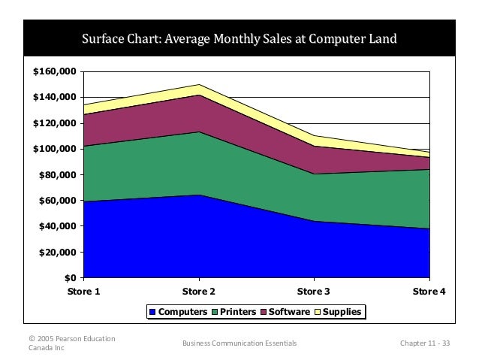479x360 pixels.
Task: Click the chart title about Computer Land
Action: pyautogui.click(x=239, y=39)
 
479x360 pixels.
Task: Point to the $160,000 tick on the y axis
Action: pyautogui.click(x=55, y=71)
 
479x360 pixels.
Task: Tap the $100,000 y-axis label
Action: pyautogui.click(x=55, y=149)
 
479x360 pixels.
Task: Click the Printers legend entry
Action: pyautogui.click(x=233, y=311)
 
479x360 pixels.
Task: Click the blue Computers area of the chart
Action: pyautogui.click(x=225, y=241)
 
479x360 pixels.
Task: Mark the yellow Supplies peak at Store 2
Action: pyautogui.click(x=198, y=89)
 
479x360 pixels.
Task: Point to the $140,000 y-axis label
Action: pyautogui.click(x=55, y=98)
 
